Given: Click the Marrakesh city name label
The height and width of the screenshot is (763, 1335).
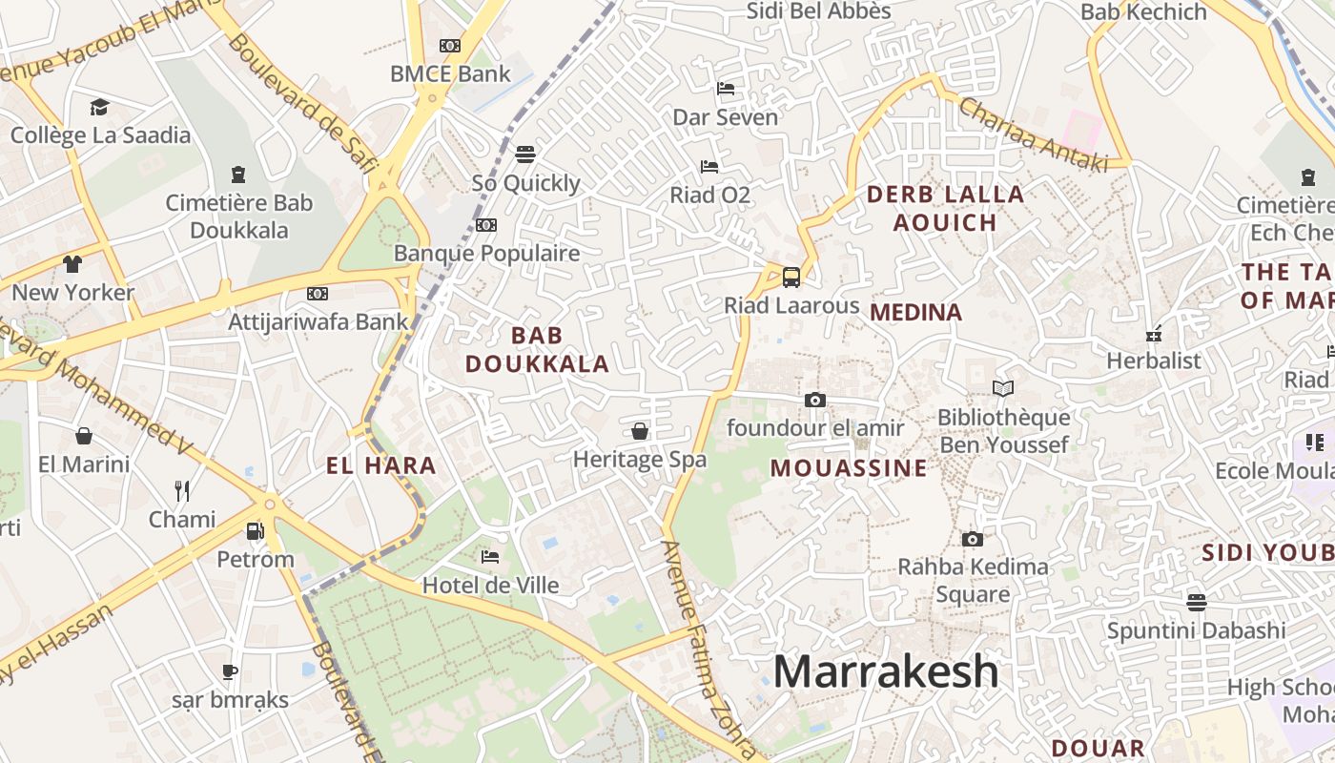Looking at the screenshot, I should click(x=886, y=671).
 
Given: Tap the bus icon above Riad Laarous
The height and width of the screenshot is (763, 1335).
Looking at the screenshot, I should click(x=791, y=278).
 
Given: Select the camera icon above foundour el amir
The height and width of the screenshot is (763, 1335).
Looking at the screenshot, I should click(x=814, y=401).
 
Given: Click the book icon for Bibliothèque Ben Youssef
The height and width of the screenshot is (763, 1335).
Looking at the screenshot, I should click(x=1002, y=388).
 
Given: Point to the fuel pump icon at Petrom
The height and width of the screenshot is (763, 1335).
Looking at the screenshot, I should click(x=255, y=531).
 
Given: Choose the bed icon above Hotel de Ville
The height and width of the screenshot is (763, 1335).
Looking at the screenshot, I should click(x=490, y=557).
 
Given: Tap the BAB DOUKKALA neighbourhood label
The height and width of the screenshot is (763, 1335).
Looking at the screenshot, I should click(x=537, y=349).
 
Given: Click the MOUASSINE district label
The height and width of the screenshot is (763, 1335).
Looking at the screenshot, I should click(x=849, y=468).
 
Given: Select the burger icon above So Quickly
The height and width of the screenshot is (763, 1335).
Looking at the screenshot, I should click(x=525, y=155).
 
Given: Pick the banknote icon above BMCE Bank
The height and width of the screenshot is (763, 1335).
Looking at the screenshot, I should click(x=450, y=46).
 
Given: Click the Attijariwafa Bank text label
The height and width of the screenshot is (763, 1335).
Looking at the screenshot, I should click(x=318, y=321).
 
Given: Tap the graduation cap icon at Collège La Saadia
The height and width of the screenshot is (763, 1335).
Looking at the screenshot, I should click(x=99, y=107).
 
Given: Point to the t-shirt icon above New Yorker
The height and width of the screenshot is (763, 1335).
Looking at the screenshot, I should click(x=72, y=264).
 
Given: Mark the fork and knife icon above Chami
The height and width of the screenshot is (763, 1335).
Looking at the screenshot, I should click(x=182, y=491).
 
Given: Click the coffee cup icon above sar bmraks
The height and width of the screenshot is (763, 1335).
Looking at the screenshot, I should click(x=230, y=671).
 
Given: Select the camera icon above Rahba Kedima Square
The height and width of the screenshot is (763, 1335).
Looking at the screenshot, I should click(x=972, y=540).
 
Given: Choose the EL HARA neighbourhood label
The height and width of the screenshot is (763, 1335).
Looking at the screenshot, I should click(x=381, y=466).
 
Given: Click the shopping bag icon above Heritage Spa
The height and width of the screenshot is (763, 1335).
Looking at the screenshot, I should click(x=640, y=431).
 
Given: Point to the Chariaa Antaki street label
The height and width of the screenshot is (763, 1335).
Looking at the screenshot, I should click(x=1034, y=134).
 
